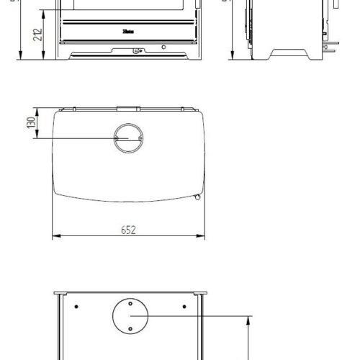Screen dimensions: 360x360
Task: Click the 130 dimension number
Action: click(30, 123)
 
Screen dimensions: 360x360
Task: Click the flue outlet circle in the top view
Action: click(129, 137)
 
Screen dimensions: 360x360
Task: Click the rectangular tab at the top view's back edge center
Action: click(128, 108)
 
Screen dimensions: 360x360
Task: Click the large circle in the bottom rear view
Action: click(130, 317)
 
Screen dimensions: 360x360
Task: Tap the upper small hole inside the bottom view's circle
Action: click(130, 304)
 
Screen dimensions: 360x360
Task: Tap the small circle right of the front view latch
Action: click(164, 48)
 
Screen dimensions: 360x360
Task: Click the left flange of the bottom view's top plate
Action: click(63, 294)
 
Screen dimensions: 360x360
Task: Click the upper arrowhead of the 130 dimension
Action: click(41, 110)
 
